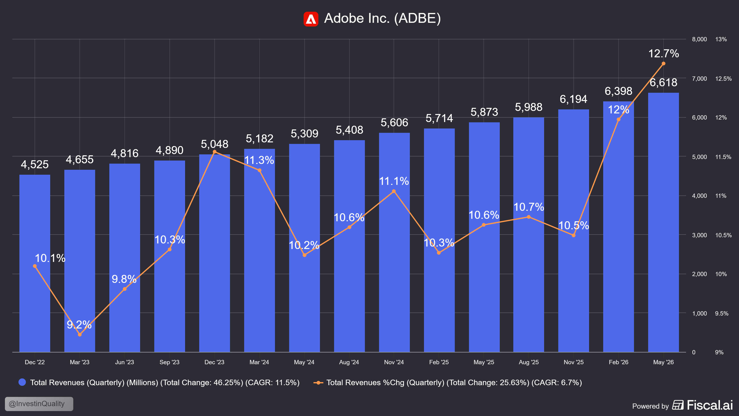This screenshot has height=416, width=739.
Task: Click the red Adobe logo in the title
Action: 311,19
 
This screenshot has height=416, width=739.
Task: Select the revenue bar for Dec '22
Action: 35,263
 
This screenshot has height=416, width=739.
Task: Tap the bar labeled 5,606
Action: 394,242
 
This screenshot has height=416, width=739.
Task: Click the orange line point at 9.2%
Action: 80,334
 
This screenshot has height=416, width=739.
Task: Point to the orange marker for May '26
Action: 663,63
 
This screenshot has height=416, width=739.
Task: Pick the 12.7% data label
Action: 663,53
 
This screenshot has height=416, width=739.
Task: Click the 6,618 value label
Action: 663,83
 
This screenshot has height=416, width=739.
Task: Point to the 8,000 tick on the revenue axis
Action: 699,39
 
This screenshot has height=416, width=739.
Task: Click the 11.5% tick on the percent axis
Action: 723,157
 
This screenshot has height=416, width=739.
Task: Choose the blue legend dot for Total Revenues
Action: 22,382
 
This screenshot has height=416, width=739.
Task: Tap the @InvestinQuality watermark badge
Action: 39,404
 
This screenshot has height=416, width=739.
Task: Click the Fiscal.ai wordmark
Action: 710,405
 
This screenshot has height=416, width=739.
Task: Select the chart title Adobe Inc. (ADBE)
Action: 382,18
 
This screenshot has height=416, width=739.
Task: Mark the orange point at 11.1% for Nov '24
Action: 394,191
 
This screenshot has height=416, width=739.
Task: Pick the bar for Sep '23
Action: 170,256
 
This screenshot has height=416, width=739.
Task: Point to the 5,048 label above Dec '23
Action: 215,144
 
